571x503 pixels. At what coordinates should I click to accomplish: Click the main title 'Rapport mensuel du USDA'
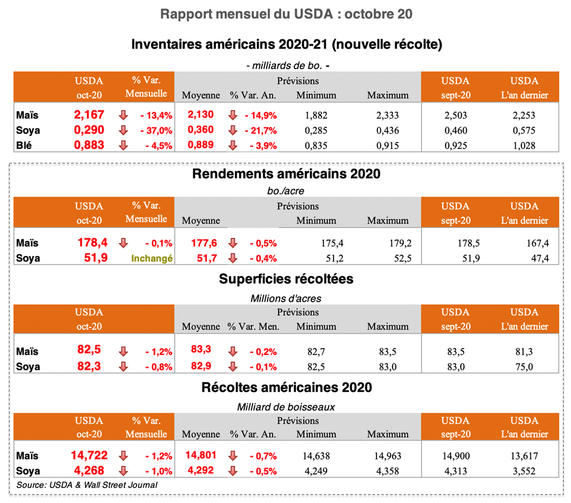[x=286, y=14]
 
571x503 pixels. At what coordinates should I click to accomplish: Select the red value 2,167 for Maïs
[x=89, y=115]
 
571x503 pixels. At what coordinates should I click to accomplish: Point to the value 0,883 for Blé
[x=89, y=146]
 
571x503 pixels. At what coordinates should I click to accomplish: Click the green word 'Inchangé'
[x=152, y=258]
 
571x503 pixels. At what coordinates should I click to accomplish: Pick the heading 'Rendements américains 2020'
[x=286, y=174]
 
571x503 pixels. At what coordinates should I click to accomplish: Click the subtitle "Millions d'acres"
[x=286, y=299]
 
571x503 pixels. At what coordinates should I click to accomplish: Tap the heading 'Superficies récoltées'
[x=286, y=280]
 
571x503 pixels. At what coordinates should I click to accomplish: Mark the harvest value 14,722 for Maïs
[x=89, y=455]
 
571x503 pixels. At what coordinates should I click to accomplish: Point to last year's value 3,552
[x=524, y=471]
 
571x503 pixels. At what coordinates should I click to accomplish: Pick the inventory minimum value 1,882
[x=316, y=116]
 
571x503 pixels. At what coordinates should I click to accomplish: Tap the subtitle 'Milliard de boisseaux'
[x=286, y=407]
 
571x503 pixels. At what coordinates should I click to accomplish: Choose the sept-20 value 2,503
[x=456, y=116]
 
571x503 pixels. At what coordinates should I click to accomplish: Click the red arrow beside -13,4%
[x=124, y=116]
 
